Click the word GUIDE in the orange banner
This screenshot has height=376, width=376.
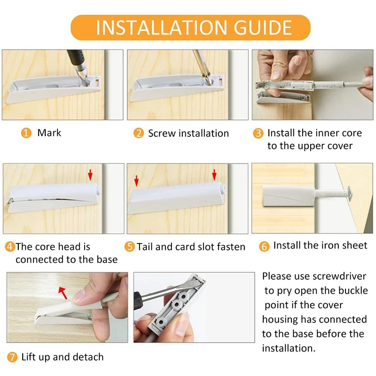[x=263, y=27]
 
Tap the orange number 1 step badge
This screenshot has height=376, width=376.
[x=26, y=133]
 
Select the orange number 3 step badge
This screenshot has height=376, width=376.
[x=258, y=133]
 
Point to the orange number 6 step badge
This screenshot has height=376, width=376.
[x=264, y=246]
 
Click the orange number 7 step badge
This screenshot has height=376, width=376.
[x=12, y=357]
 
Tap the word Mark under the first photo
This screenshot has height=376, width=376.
[x=49, y=133]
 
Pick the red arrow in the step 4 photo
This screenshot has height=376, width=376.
[x=90, y=174]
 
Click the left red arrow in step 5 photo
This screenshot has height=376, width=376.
[x=136, y=180]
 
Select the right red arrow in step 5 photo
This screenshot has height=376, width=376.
[x=214, y=174]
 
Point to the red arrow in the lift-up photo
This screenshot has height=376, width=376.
[x=63, y=293]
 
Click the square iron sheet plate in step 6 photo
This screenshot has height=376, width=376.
[x=350, y=193]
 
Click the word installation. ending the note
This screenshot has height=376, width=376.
[x=289, y=348]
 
